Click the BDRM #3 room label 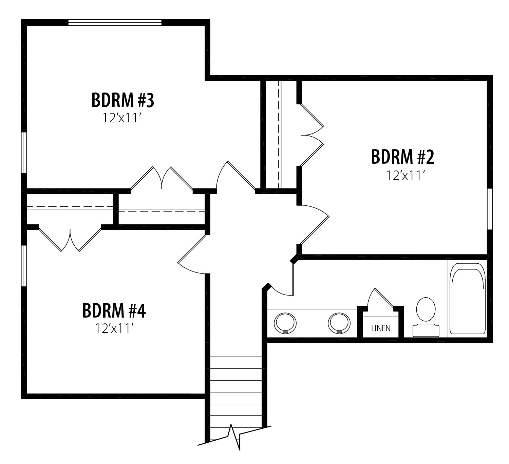click(x=123, y=100)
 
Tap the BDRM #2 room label click(x=402, y=157)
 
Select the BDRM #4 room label click(x=114, y=311)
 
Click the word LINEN click(x=381, y=328)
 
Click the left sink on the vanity click(x=285, y=323)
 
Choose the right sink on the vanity click(x=339, y=323)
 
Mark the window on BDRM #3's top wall click(x=115, y=22)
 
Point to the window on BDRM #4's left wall click(x=24, y=266)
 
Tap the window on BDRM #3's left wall click(x=24, y=153)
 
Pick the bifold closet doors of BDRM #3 click(x=162, y=178)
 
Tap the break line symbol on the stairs click(x=234, y=436)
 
